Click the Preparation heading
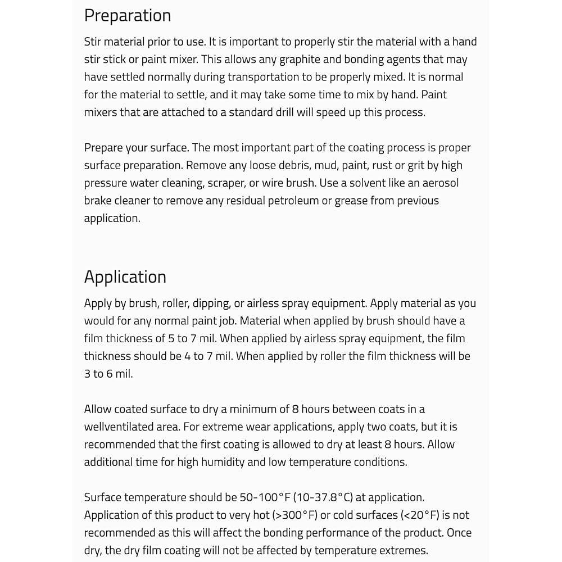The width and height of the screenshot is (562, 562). click(128, 16)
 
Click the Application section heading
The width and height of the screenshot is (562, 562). click(125, 277)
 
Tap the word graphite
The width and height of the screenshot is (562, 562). click(303, 59)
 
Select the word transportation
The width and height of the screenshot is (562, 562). click(266, 77)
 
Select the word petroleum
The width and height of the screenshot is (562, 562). click(272, 201)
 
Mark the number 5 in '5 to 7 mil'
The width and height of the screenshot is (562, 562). click(171, 338)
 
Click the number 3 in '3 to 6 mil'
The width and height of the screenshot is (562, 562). click(88, 374)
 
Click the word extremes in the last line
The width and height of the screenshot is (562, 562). click(402, 550)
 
